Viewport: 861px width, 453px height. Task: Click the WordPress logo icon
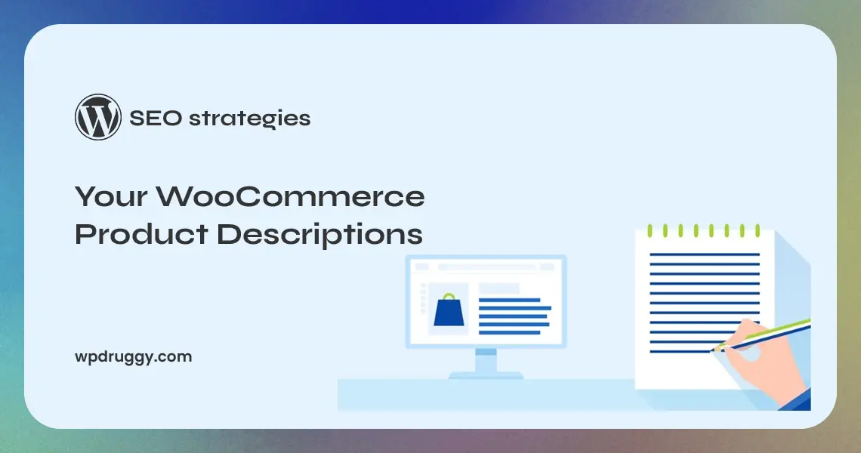coord(98,117)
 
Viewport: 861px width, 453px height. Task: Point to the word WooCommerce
coord(290,198)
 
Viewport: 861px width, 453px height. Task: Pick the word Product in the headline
coord(141,234)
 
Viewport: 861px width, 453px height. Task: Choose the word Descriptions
coord(319,234)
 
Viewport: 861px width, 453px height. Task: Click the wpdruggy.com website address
coord(134,356)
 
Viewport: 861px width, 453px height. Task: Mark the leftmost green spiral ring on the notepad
coord(650,230)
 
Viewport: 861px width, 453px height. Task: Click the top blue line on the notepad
coord(704,254)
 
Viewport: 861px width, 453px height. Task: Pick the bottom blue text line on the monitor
coord(510,332)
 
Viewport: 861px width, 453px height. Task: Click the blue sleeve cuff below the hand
coord(797,400)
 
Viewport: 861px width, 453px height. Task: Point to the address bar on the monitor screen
coord(498,267)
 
